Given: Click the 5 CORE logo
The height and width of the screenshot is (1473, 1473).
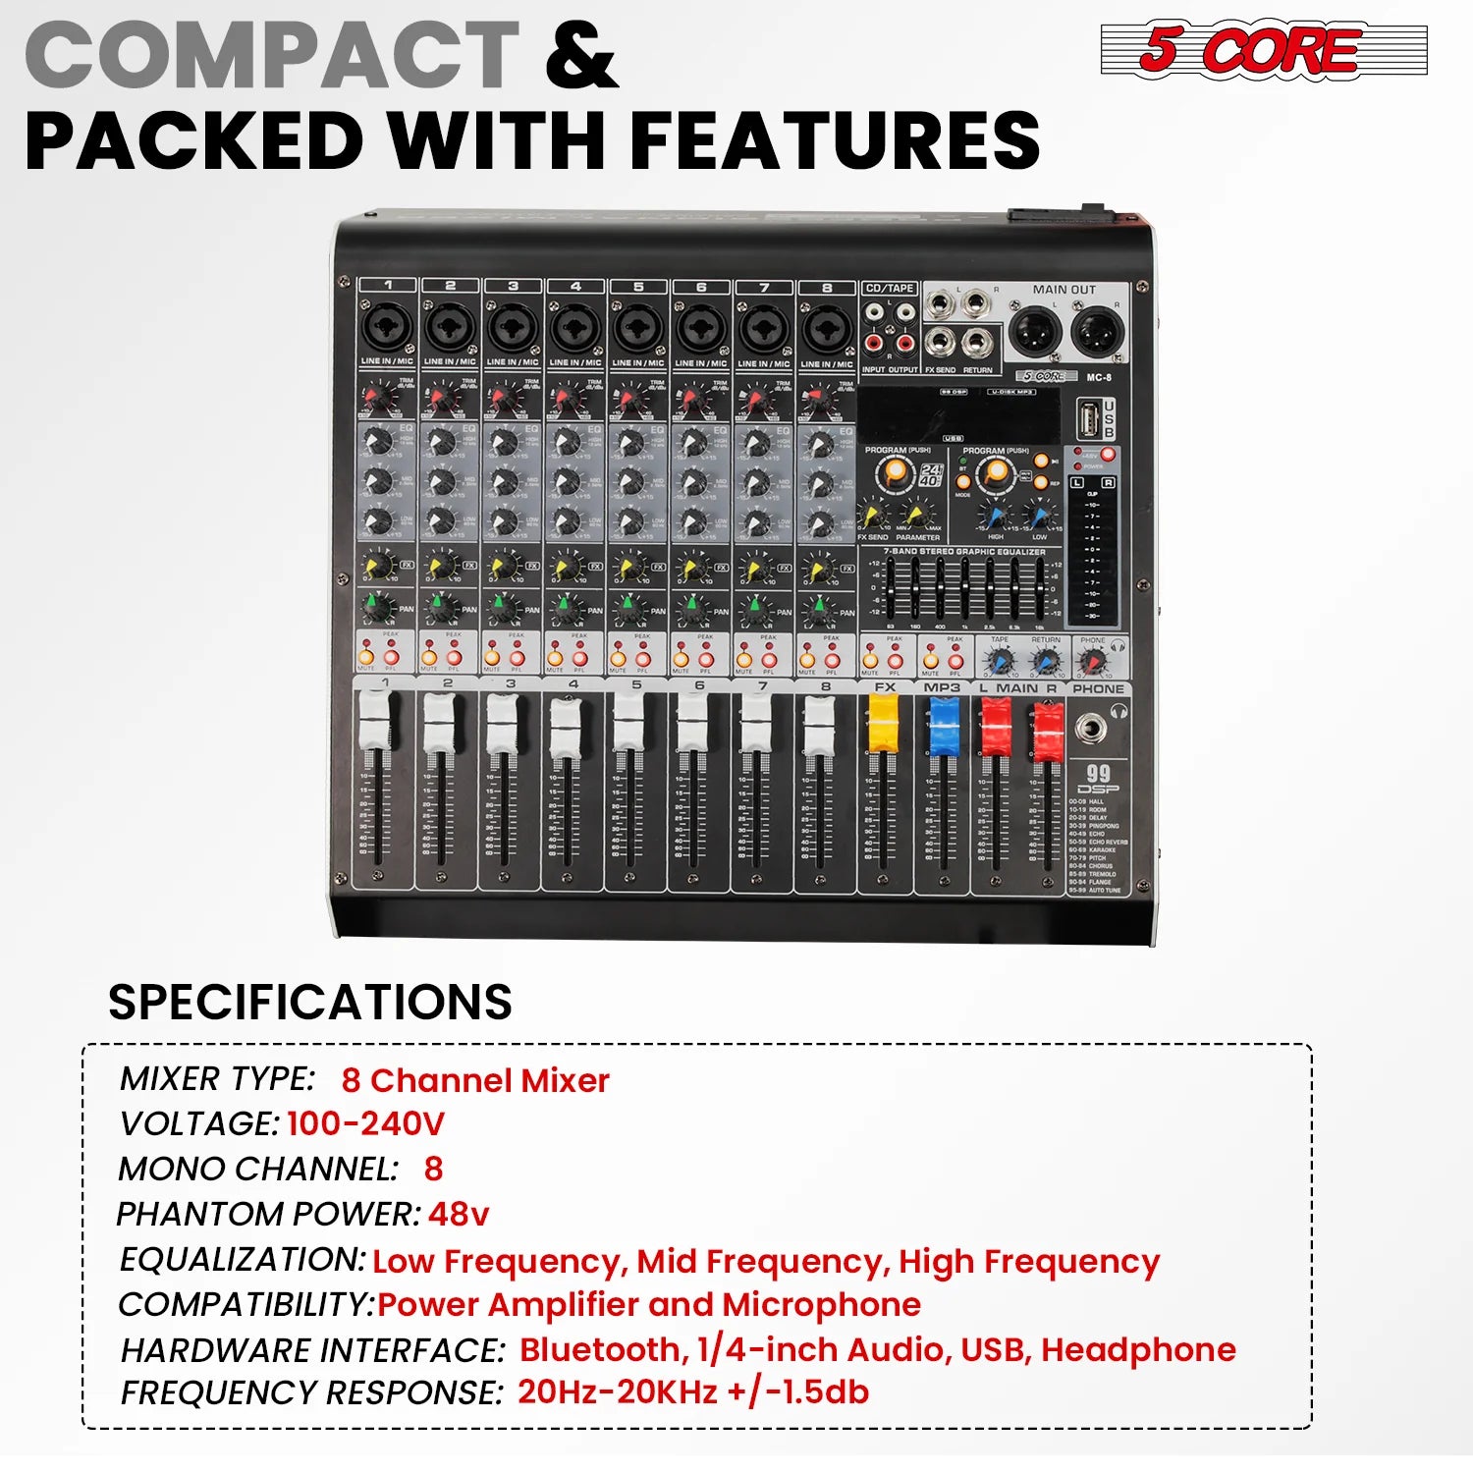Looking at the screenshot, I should [1264, 49].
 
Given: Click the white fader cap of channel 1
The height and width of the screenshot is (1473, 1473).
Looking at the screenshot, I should [376, 720].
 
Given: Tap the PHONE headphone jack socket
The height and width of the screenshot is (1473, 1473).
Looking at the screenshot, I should [1090, 728].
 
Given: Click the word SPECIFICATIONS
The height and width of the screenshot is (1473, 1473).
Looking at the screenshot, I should [309, 1002].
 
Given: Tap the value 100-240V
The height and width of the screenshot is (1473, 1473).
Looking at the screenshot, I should [365, 1123].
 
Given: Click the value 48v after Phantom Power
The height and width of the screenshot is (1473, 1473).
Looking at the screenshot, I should [458, 1215].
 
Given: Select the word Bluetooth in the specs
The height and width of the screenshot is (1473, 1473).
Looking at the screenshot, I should [603, 1349].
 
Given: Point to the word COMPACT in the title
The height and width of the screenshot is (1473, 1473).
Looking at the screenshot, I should [272, 55].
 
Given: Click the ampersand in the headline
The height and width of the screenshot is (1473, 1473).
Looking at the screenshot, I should [581, 55].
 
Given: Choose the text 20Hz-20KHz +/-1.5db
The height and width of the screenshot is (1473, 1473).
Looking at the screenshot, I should [692, 1391].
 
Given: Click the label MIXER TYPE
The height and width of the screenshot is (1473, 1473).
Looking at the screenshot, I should [217, 1079].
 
